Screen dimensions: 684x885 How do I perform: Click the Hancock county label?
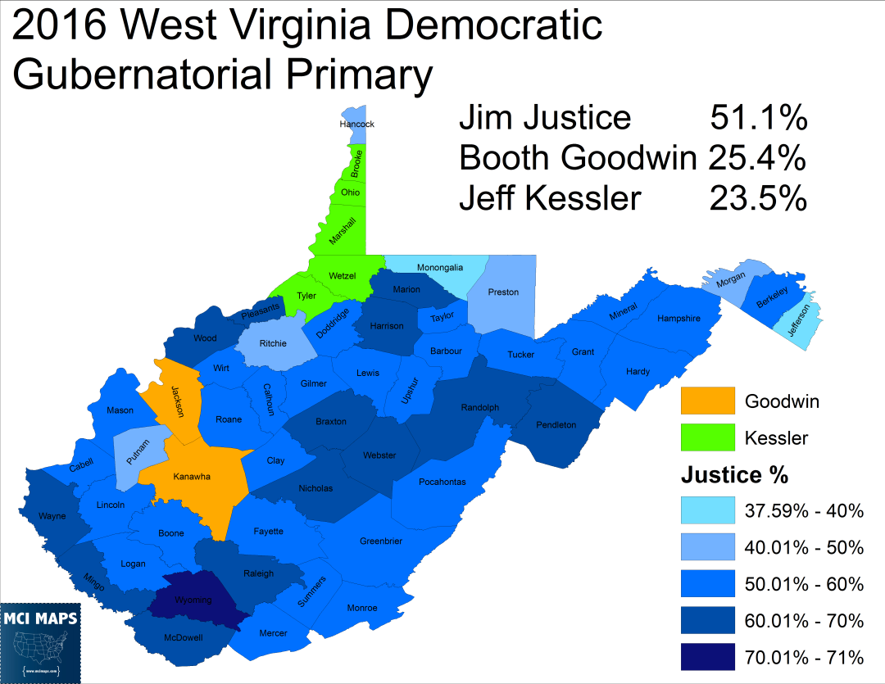[x=356, y=125]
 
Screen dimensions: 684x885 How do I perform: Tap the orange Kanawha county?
[x=193, y=477]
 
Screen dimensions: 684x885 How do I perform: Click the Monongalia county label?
[x=440, y=268]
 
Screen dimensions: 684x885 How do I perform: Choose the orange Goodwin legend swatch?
[x=707, y=401]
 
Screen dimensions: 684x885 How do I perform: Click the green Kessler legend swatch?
[x=707, y=437]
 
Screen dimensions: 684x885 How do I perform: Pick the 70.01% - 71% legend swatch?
[x=707, y=656]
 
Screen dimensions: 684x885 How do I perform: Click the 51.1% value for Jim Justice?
[x=758, y=118]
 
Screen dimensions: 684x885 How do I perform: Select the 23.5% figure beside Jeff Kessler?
[x=758, y=198]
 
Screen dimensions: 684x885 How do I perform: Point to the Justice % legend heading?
[x=734, y=475]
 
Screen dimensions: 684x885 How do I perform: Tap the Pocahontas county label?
[x=442, y=482]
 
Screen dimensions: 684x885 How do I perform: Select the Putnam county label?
[x=135, y=448]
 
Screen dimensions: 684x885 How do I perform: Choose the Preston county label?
[x=503, y=292]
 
